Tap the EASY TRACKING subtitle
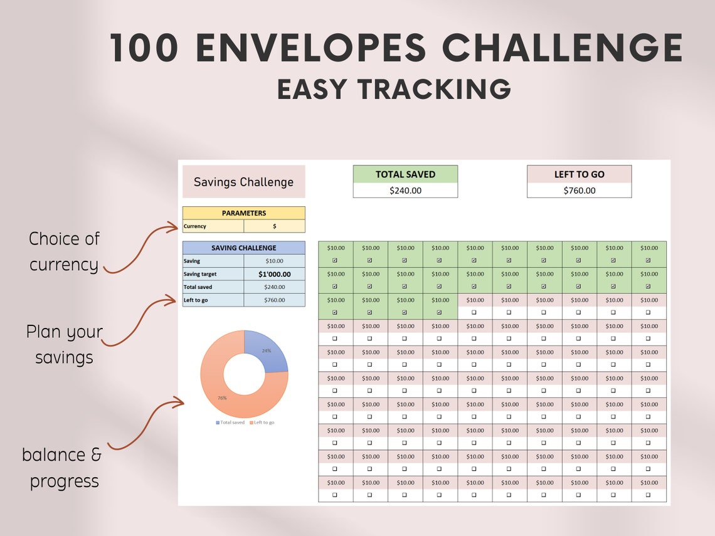click(x=394, y=89)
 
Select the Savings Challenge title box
click(x=243, y=182)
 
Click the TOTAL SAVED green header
click(x=405, y=174)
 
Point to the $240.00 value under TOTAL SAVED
click(x=405, y=191)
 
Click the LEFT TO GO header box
click(x=579, y=174)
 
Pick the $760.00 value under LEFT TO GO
click(x=579, y=191)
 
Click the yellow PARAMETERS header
click(x=243, y=213)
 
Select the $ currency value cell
click(x=274, y=226)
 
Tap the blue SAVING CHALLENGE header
click(x=243, y=248)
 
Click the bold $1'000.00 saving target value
click(x=274, y=274)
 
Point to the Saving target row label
click(x=200, y=274)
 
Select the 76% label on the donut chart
click(x=222, y=397)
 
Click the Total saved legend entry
click(x=230, y=423)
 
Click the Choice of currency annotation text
click(x=64, y=251)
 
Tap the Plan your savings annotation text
click(x=64, y=344)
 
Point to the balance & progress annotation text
click(x=61, y=468)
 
